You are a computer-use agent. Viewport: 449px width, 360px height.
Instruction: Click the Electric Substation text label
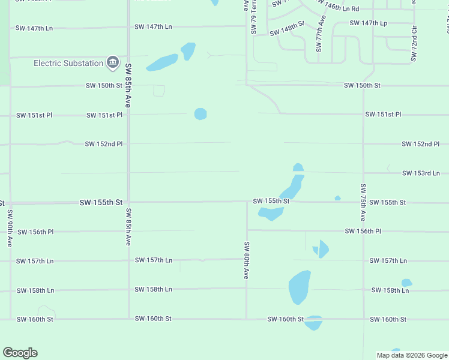coord(68,63)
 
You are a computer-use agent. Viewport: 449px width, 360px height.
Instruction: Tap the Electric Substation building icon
coord(112,62)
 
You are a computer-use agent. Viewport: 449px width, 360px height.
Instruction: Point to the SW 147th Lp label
coord(369,23)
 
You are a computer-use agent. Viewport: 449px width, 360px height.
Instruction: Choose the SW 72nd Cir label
coord(414,44)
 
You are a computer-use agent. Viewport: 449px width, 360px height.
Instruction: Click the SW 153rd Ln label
coord(421,173)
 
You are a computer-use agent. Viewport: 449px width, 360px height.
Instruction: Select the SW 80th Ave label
coord(246,260)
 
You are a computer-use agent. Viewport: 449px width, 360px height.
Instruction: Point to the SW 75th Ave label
coord(363,200)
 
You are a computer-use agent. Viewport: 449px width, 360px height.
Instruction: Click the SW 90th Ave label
coord(10,228)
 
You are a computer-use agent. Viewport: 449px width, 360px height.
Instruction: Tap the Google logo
coord(20,353)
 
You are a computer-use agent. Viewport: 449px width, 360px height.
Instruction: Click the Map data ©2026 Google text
coord(411,355)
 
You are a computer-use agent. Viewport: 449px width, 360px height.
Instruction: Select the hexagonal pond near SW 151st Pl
coord(200,114)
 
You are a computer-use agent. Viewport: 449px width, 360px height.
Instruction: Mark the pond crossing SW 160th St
coord(313,323)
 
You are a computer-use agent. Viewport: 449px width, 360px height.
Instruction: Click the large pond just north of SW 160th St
coord(300,287)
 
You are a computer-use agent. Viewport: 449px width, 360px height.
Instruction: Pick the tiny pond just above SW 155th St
coord(337,198)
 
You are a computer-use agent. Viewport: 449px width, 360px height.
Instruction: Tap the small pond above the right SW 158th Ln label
coord(406,283)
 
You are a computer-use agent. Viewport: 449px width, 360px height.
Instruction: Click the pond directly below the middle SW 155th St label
coord(270,213)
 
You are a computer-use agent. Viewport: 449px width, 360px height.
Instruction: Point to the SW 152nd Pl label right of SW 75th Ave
coord(421,144)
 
